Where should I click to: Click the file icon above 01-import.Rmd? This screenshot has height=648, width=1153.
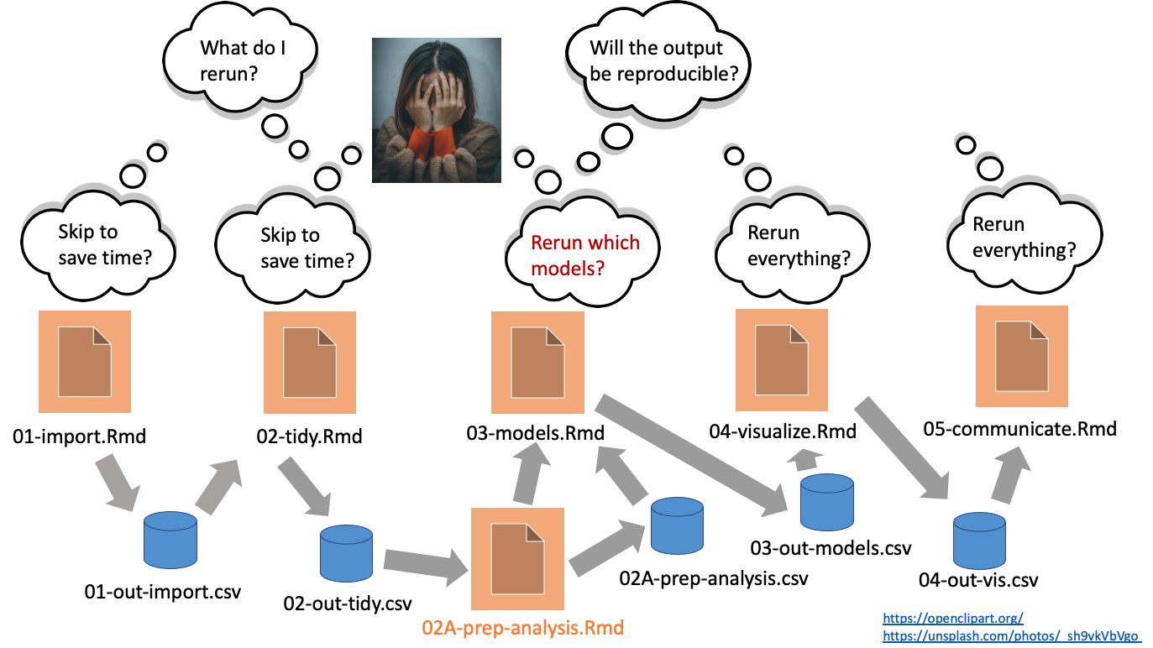click(x=84, y=361)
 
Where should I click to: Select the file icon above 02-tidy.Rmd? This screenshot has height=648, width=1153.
click(x=310, y=363)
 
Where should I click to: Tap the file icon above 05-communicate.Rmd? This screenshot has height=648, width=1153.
click(x=1021, y=357)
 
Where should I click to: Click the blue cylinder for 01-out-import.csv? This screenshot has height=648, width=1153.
click(x=170, y=542)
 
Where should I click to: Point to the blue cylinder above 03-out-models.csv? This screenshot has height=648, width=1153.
click(x=826, y=500)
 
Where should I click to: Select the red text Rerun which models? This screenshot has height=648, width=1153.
click(x=585, y=256)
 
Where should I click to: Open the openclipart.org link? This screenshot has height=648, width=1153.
click(x=952, y=618)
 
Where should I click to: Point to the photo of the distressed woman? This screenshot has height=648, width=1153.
click(x=437, y=111)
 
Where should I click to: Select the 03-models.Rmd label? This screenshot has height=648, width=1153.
click(x=536, y=433)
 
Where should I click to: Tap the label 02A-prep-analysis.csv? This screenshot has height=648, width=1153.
click(x=714, y=578)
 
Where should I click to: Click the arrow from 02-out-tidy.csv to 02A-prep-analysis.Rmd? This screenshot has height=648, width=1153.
click(x=425, y=564)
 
